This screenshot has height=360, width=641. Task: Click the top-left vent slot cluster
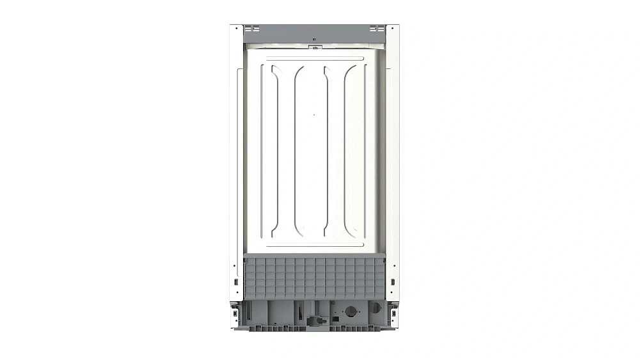click(x=251, y=29)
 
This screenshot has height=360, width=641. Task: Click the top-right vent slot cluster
click(x=377, y=29)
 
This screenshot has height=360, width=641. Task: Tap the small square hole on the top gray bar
click(x=313, y=38)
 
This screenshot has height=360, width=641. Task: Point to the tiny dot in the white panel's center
click(x=313, y=114)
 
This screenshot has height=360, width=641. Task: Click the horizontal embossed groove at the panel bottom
click(x=313, y=244)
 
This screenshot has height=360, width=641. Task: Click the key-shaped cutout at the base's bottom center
click(x=313, y=320)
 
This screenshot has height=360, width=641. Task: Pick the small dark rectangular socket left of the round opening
click(x=333, y=317)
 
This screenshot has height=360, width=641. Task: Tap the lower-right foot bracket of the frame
click(x=392, y=315)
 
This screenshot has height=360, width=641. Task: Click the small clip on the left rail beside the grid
click(x=236, y=281)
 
